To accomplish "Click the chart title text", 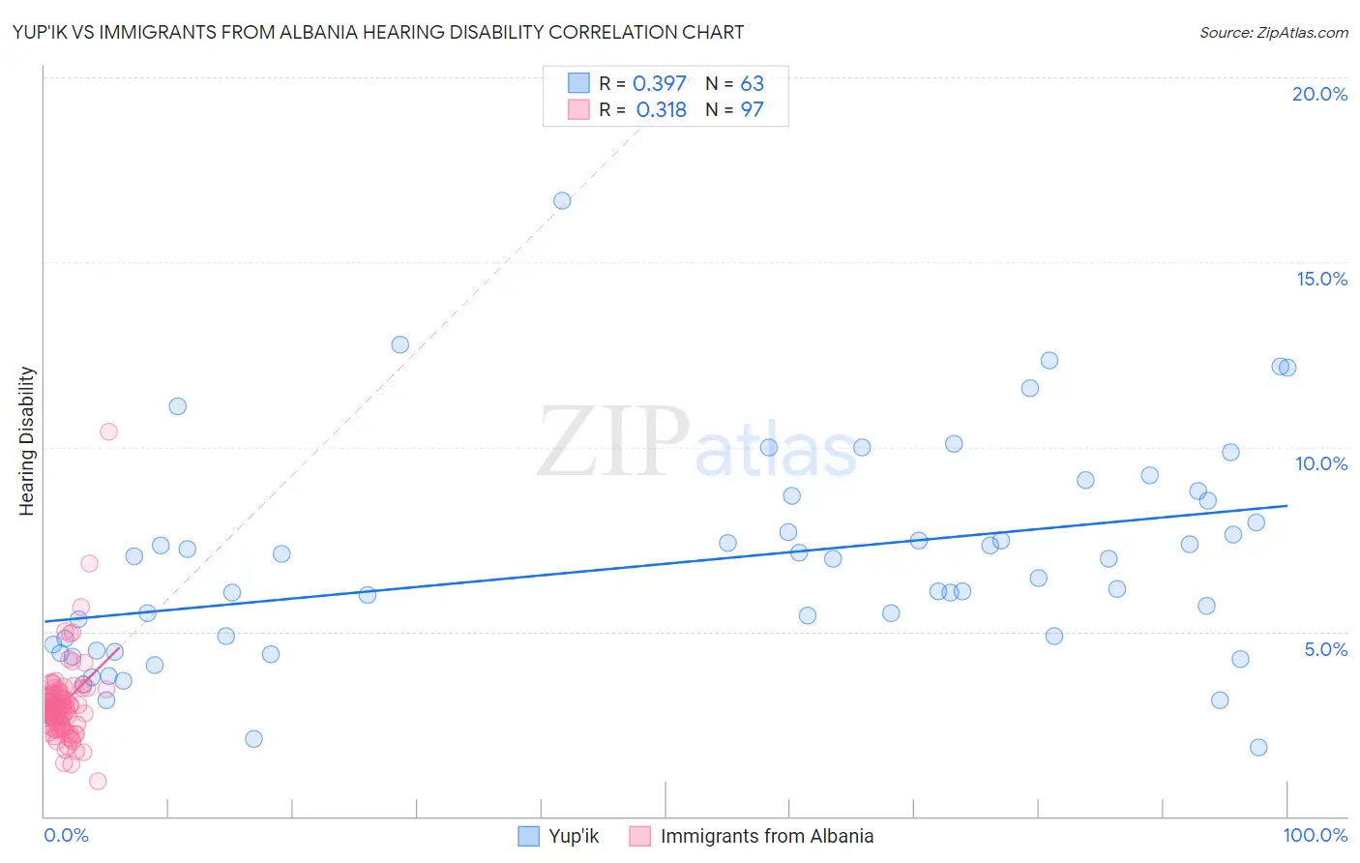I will tap(378, 32).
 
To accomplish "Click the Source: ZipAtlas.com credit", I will tap(1273, 32).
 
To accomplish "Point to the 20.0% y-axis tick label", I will tap(1319, 94).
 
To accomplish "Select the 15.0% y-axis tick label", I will tap(1321, 279).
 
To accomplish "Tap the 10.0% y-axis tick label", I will tap(1321, 463).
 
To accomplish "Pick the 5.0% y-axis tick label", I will tap(1325, 649).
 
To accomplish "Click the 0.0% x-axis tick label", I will tap(66, 835).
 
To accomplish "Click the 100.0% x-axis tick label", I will tap(1315, 835).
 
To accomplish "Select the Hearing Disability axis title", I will tap(27, 441).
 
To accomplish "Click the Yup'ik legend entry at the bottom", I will tap(573, 836).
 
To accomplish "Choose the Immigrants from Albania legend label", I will tap(766, 836).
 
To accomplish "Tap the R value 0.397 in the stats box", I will tap(659, 84).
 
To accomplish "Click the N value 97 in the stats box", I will tap(752, 110).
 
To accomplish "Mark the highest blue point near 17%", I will tap(562, 201).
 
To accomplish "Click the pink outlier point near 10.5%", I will tap(108, 431).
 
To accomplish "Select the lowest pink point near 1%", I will tap(98, 781).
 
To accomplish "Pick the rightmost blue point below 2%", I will tap(1258, 747).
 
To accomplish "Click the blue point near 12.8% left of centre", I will tap(400, 344).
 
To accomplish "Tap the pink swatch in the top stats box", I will tap(578, 109).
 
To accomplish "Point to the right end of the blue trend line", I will tap(1286, 506).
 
